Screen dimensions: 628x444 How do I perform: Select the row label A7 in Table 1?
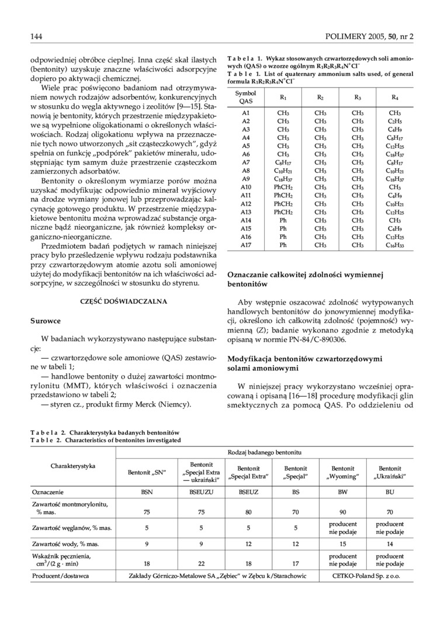(x=246, y=162)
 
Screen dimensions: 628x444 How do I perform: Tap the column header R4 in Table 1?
(x=394, y=97)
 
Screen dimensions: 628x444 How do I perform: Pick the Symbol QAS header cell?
(x=246, y=97)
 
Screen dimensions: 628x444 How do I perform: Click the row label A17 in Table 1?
(x=246, y=245)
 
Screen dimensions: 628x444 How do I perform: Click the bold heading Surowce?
(x=45, y=321)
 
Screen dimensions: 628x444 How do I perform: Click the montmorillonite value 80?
(x=248, y=512)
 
